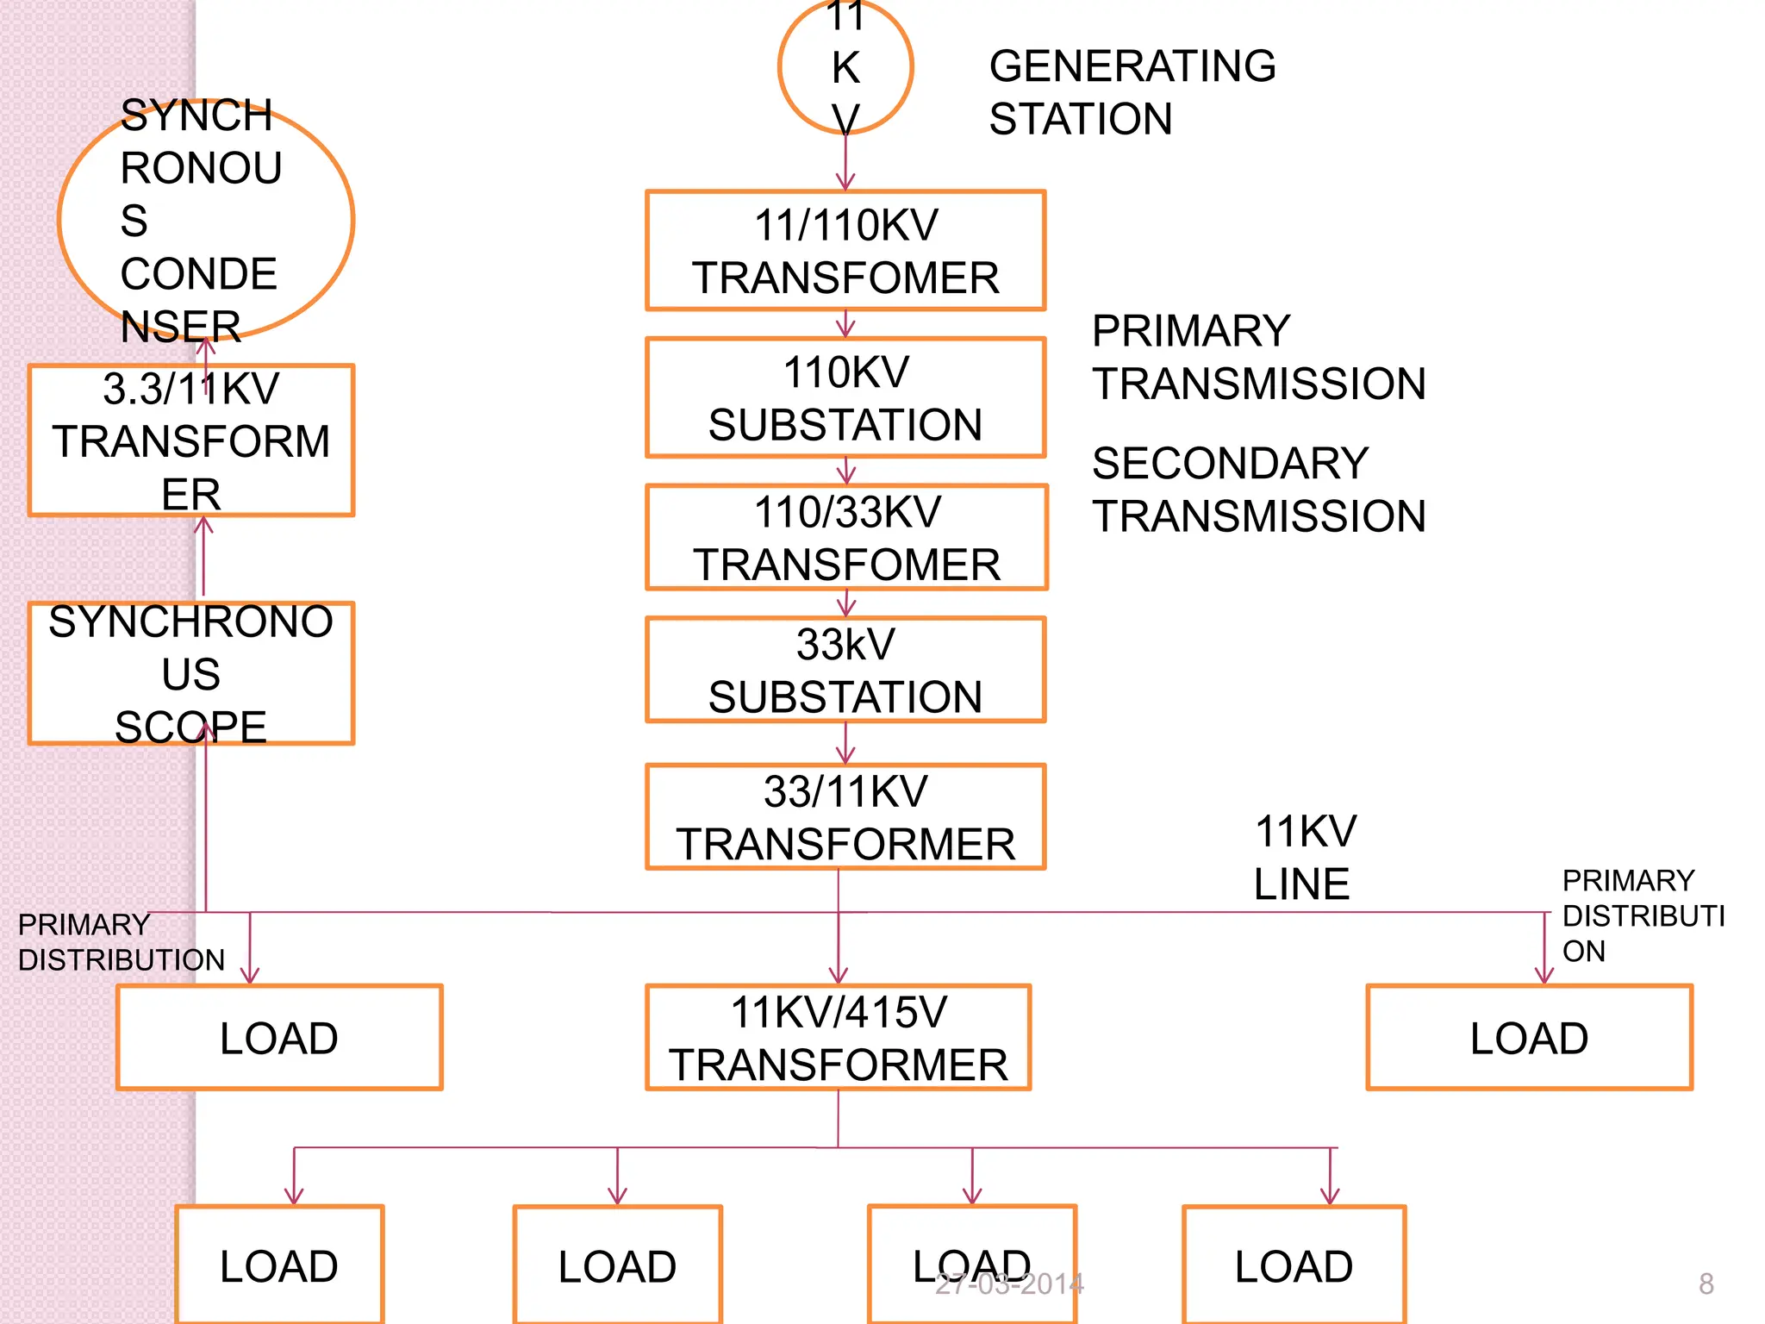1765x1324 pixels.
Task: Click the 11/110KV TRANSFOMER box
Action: click(845, 250)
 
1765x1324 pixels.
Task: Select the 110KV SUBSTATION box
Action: click(845, 397)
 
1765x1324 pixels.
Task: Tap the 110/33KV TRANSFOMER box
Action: click(846, 537)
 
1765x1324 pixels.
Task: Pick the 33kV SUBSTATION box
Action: click(845, 670)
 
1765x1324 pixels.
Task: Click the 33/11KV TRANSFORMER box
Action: click(845, 816)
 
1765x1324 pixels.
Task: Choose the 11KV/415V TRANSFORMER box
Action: click(838, 1037)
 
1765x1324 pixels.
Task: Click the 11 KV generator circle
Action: click(845, 67)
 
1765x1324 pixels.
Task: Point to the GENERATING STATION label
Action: click(1131, 92)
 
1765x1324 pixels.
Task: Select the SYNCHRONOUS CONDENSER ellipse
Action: click(205, 220)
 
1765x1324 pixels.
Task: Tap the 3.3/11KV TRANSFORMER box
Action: click(190, 440)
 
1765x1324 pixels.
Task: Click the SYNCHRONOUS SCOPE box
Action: click(190, 673)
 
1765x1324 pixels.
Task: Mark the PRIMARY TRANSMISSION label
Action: click(1257, 357)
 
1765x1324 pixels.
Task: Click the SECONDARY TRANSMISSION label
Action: click(1257, 490)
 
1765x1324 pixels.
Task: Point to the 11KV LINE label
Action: click(1304, 858)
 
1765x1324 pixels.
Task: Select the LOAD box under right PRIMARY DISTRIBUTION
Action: click(1529, 1037)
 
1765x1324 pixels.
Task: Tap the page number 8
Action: click(1706, 1284)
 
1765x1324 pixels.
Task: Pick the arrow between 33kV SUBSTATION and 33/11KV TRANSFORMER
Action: click(845, 743)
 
